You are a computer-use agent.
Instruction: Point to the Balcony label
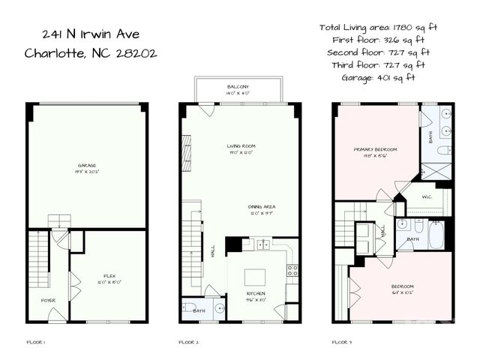pyautogui.click(x=238, y=88)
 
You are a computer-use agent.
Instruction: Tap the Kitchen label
pyautogui.click(x=257, y=295)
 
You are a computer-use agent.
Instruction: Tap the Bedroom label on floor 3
pyautogui.click(x=402, y=288)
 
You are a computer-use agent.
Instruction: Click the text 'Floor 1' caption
pyautogui.click(x=35, y=342)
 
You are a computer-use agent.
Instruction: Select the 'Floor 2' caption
pyautogui.click(x=188, y=342)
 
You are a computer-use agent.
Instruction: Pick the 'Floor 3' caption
pyautogui.click(x=342, y=342)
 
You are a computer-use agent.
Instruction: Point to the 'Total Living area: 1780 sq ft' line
pyautogui.click(x=378, y=27)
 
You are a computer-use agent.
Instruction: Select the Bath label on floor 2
pyautogui.click(x=199, y=310)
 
